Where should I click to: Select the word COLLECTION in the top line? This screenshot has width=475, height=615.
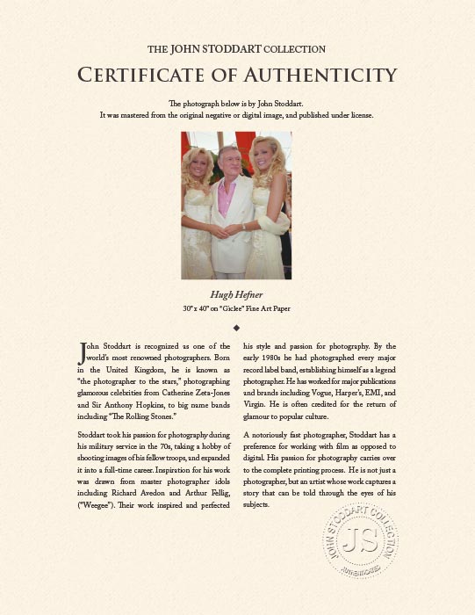tap(295, 49)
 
